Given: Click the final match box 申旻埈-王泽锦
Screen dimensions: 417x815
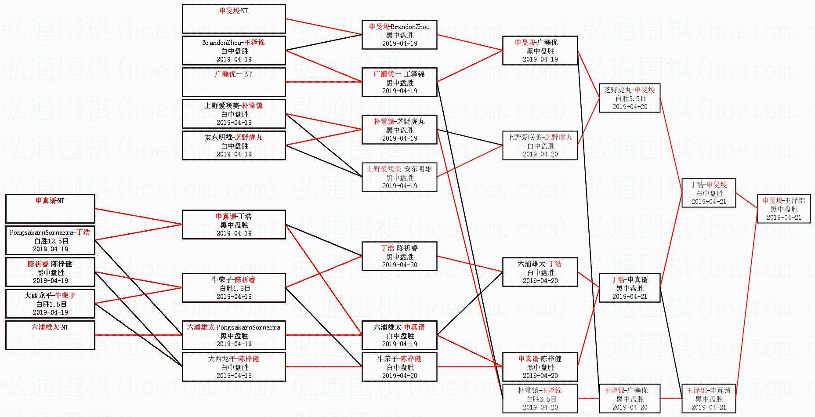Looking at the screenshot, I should (x=783, y=209).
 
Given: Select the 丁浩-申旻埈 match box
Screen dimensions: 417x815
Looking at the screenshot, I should (x=708, y=193).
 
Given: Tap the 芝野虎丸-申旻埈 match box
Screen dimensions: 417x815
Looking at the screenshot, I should (x=629, y=98).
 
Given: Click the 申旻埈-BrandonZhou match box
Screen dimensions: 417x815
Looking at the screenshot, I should (x=399, y=35).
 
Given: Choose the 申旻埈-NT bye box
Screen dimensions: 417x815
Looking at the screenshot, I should (x=233, y=19).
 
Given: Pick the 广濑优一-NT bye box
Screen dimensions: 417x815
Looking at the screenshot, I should (x=233, y=82).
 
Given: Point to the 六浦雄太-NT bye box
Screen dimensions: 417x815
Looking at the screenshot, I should (x=50, y=335).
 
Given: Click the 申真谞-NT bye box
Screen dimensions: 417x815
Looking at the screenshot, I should (x=50, y=209).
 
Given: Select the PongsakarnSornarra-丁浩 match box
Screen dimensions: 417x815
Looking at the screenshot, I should (x=50, y=240).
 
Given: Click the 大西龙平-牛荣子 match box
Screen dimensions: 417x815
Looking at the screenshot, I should (x=50, y=304).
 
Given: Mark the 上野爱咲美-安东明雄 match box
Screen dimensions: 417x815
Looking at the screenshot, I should (x=399, y=177).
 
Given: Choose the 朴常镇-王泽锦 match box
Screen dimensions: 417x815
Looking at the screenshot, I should (x=540, y=399).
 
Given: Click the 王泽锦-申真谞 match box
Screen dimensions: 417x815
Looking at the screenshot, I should (x=708, y=399).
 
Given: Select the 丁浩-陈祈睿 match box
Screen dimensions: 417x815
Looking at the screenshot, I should (x=399, y=256).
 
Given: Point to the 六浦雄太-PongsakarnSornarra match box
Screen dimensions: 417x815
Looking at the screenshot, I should (x=233, y=335).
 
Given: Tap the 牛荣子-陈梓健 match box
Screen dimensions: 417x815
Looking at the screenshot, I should (x=399, y=367).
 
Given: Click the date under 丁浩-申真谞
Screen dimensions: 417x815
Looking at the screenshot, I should (x=630, y=297).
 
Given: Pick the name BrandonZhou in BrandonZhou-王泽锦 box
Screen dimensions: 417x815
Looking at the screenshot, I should (x=222, y=43).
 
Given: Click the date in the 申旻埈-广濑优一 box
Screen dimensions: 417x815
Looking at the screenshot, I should (x=540, y=59).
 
